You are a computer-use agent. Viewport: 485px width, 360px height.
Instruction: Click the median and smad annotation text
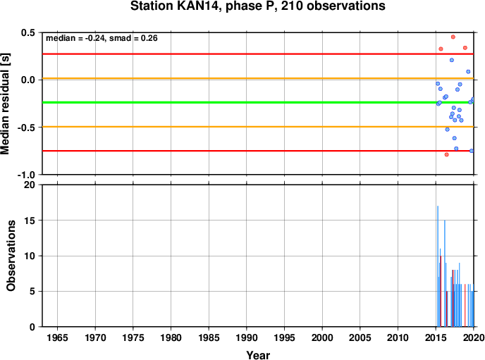(102, 38)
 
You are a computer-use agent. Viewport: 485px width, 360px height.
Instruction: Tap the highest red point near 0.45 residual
(453, 37)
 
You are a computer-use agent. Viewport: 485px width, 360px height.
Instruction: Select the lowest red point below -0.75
(447, 154)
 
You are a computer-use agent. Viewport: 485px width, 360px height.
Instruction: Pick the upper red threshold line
(258, 54)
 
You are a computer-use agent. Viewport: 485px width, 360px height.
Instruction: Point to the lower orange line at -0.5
(258, 127)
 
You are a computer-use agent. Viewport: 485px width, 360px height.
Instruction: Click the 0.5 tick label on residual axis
(27, 32)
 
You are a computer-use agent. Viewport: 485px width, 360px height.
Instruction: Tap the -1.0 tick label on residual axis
(26, 175)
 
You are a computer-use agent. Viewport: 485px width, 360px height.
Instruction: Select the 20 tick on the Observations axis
(30, 185)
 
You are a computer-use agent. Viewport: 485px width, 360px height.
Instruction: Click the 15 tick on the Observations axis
(30, 221)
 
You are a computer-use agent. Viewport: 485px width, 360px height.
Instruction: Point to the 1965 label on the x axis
(57, 337)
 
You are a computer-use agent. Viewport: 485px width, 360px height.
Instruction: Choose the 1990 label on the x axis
(247, 337)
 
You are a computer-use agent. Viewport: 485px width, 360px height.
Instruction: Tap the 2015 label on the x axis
(436, 337)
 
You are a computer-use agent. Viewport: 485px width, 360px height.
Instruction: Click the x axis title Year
(258, 355)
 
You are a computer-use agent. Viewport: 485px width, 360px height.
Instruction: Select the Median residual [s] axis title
(5, 104)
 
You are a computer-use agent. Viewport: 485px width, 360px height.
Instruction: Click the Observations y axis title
(11, 256)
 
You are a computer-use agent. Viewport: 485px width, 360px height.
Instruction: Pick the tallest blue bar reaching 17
(438, 266)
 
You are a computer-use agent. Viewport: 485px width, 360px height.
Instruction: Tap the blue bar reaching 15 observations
(445, 273)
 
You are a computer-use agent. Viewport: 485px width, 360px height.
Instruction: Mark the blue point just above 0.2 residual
(452, 60)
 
